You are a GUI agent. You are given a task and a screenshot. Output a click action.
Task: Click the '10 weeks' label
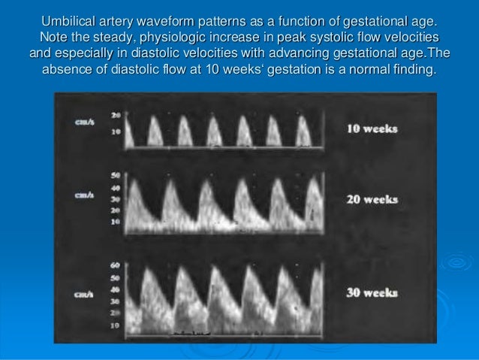click(x=372, y=128)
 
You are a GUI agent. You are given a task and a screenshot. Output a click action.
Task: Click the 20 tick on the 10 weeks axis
click(x=116, y=115)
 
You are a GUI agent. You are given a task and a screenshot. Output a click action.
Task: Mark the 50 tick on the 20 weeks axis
click(x=116, y=174)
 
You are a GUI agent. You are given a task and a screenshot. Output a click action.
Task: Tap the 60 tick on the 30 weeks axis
click(x=116, y=265)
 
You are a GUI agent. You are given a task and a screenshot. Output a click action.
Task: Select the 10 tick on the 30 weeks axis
click(x=116, y=326)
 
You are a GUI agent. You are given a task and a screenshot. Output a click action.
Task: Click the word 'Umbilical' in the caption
click(x=73, y=20)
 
